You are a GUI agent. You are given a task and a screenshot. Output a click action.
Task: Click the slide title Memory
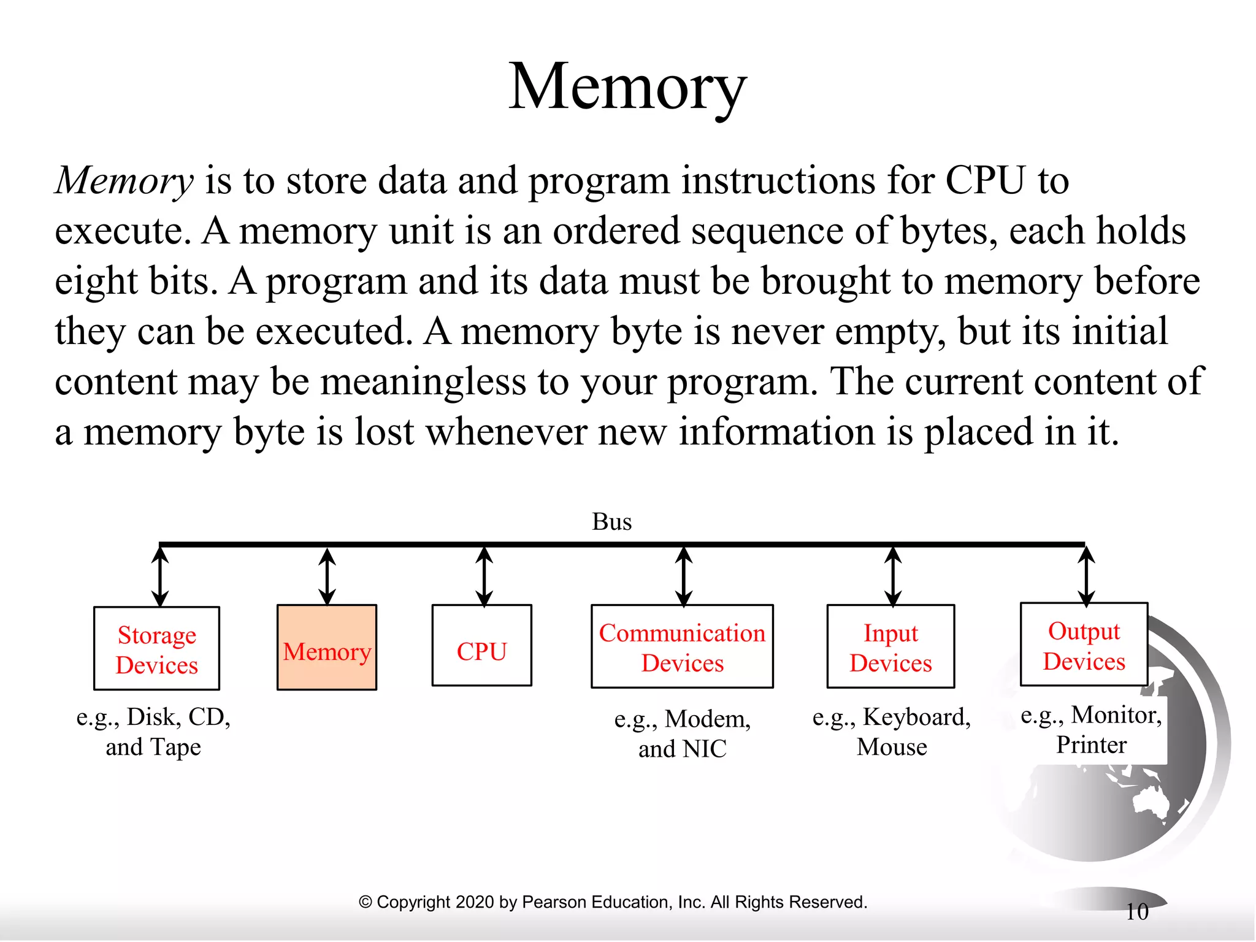[627, 87]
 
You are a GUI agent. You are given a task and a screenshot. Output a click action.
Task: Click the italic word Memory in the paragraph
[124, 181]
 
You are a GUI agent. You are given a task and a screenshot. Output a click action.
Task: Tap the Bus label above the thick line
[611, 522]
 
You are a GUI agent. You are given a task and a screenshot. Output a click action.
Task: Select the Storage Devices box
[157, 649]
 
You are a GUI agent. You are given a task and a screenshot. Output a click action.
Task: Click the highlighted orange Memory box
[327, 648]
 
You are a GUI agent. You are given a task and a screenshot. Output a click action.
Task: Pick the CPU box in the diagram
[482, 646]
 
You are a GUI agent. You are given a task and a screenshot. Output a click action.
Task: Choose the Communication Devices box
[682, 647]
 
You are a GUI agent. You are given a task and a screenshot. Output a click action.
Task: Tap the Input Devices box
[890, 647]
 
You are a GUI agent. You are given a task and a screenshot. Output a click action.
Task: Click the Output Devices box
[1084, 645]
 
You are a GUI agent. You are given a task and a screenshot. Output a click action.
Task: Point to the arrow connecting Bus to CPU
[484, 576]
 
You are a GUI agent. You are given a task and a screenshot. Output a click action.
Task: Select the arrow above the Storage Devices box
[160, 576]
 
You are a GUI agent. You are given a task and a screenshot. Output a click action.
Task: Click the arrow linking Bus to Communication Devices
[684, 576]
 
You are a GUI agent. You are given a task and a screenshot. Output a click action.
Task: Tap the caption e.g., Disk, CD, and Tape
[153, 732]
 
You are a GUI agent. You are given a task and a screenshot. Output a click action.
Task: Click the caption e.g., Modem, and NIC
[683, 733]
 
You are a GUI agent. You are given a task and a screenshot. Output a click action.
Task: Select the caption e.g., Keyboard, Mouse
[892, 732]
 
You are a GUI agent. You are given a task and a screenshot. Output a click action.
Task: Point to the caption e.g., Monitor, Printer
[1091, 730]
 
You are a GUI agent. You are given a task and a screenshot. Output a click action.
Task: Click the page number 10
[1137, 912]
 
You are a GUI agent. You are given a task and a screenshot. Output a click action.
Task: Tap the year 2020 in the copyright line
[475, 902]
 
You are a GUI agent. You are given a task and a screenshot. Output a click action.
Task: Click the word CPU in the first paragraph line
[985, 181]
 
